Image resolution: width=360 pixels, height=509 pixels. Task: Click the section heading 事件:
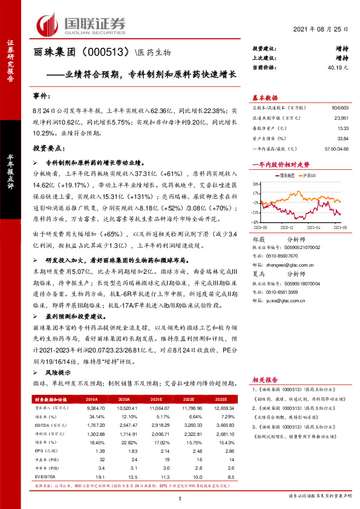point(42,97)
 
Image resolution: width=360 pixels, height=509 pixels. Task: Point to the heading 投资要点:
point(48,148)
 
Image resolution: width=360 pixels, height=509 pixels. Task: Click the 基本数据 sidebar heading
point(265,97)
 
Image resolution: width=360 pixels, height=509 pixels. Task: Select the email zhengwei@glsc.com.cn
point(279,264)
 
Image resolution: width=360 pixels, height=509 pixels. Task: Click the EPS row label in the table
point(43,452)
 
